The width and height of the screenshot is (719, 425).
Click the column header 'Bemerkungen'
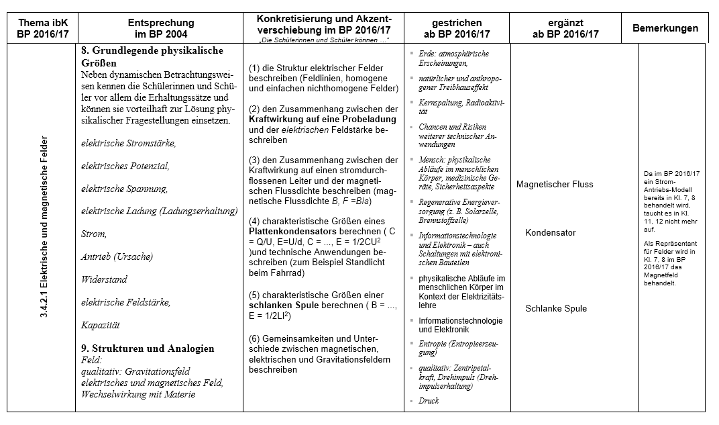click(x=665, y=28)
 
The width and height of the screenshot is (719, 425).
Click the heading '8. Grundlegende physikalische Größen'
click(x=152, y=56)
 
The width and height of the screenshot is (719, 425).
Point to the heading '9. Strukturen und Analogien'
click(x=148, y=348)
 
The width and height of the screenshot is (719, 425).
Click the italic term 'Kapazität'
click(x=100, y=325)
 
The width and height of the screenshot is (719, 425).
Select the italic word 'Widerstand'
click(x=104, y=279)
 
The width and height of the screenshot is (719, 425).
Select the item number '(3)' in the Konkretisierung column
click(x=256, y=160)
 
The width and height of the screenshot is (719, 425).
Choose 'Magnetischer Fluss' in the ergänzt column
click(x=554, y=185)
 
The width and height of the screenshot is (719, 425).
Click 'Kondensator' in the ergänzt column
click(x=550, y=233)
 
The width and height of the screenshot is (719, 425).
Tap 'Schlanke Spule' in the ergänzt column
click(x=555, y=309)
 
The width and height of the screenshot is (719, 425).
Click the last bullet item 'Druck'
click(x=429, y=401)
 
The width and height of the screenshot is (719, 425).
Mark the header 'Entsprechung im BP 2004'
click(x=158, y=28)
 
